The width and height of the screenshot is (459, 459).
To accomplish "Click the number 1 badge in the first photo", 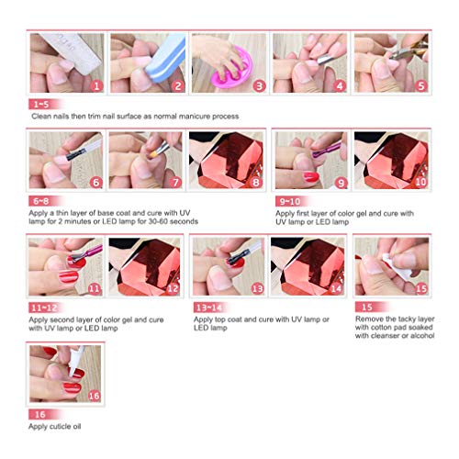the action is tap(96, 86).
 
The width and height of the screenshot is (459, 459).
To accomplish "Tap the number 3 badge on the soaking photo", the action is tap(259, 86).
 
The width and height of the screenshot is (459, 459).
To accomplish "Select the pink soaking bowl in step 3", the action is tap(235, 68).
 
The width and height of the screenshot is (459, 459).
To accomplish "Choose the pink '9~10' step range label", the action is tap(290, 201).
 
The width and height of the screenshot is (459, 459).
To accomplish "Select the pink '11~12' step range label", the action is tap(45, 308).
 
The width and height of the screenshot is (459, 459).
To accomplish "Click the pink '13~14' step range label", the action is tap(209, 308).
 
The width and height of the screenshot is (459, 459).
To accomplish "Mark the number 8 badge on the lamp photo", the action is tap(256, 183).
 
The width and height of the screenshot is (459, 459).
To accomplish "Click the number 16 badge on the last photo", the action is tap(94, 396).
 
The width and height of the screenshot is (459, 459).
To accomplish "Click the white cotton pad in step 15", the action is tap(397, 267).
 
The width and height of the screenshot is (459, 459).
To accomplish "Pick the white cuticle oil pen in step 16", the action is tap(75, 361).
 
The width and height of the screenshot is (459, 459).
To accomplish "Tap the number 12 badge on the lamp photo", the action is tap(173, 288).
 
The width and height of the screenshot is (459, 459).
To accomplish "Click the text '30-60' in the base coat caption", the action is tap(158, 221).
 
